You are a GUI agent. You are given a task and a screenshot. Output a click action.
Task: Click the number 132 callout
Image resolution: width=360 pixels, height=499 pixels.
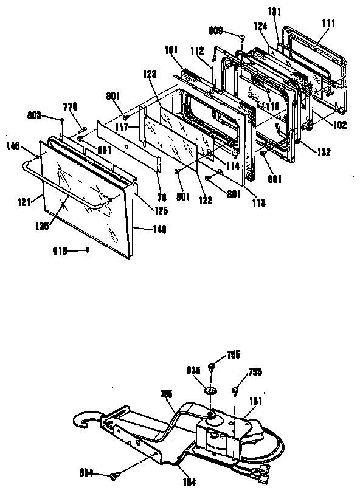pyautogui.click(x=324, y=153)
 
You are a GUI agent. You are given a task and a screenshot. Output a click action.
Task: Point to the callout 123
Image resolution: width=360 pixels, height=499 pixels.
pyautogui.click(x=151, y=74)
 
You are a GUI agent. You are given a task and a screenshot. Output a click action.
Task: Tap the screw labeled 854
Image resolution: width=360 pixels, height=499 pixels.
pyautogui.click(x=115, y=475)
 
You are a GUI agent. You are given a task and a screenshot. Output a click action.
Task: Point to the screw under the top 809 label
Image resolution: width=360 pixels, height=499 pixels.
pyautogui.click(x=241, y=38)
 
